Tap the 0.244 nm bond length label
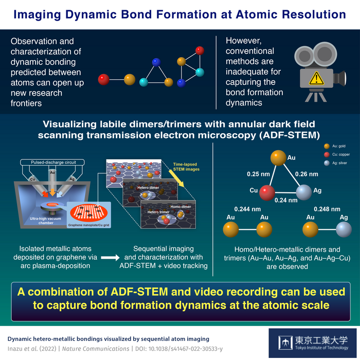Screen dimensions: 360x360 pyautogui.click(x=245, y=209)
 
